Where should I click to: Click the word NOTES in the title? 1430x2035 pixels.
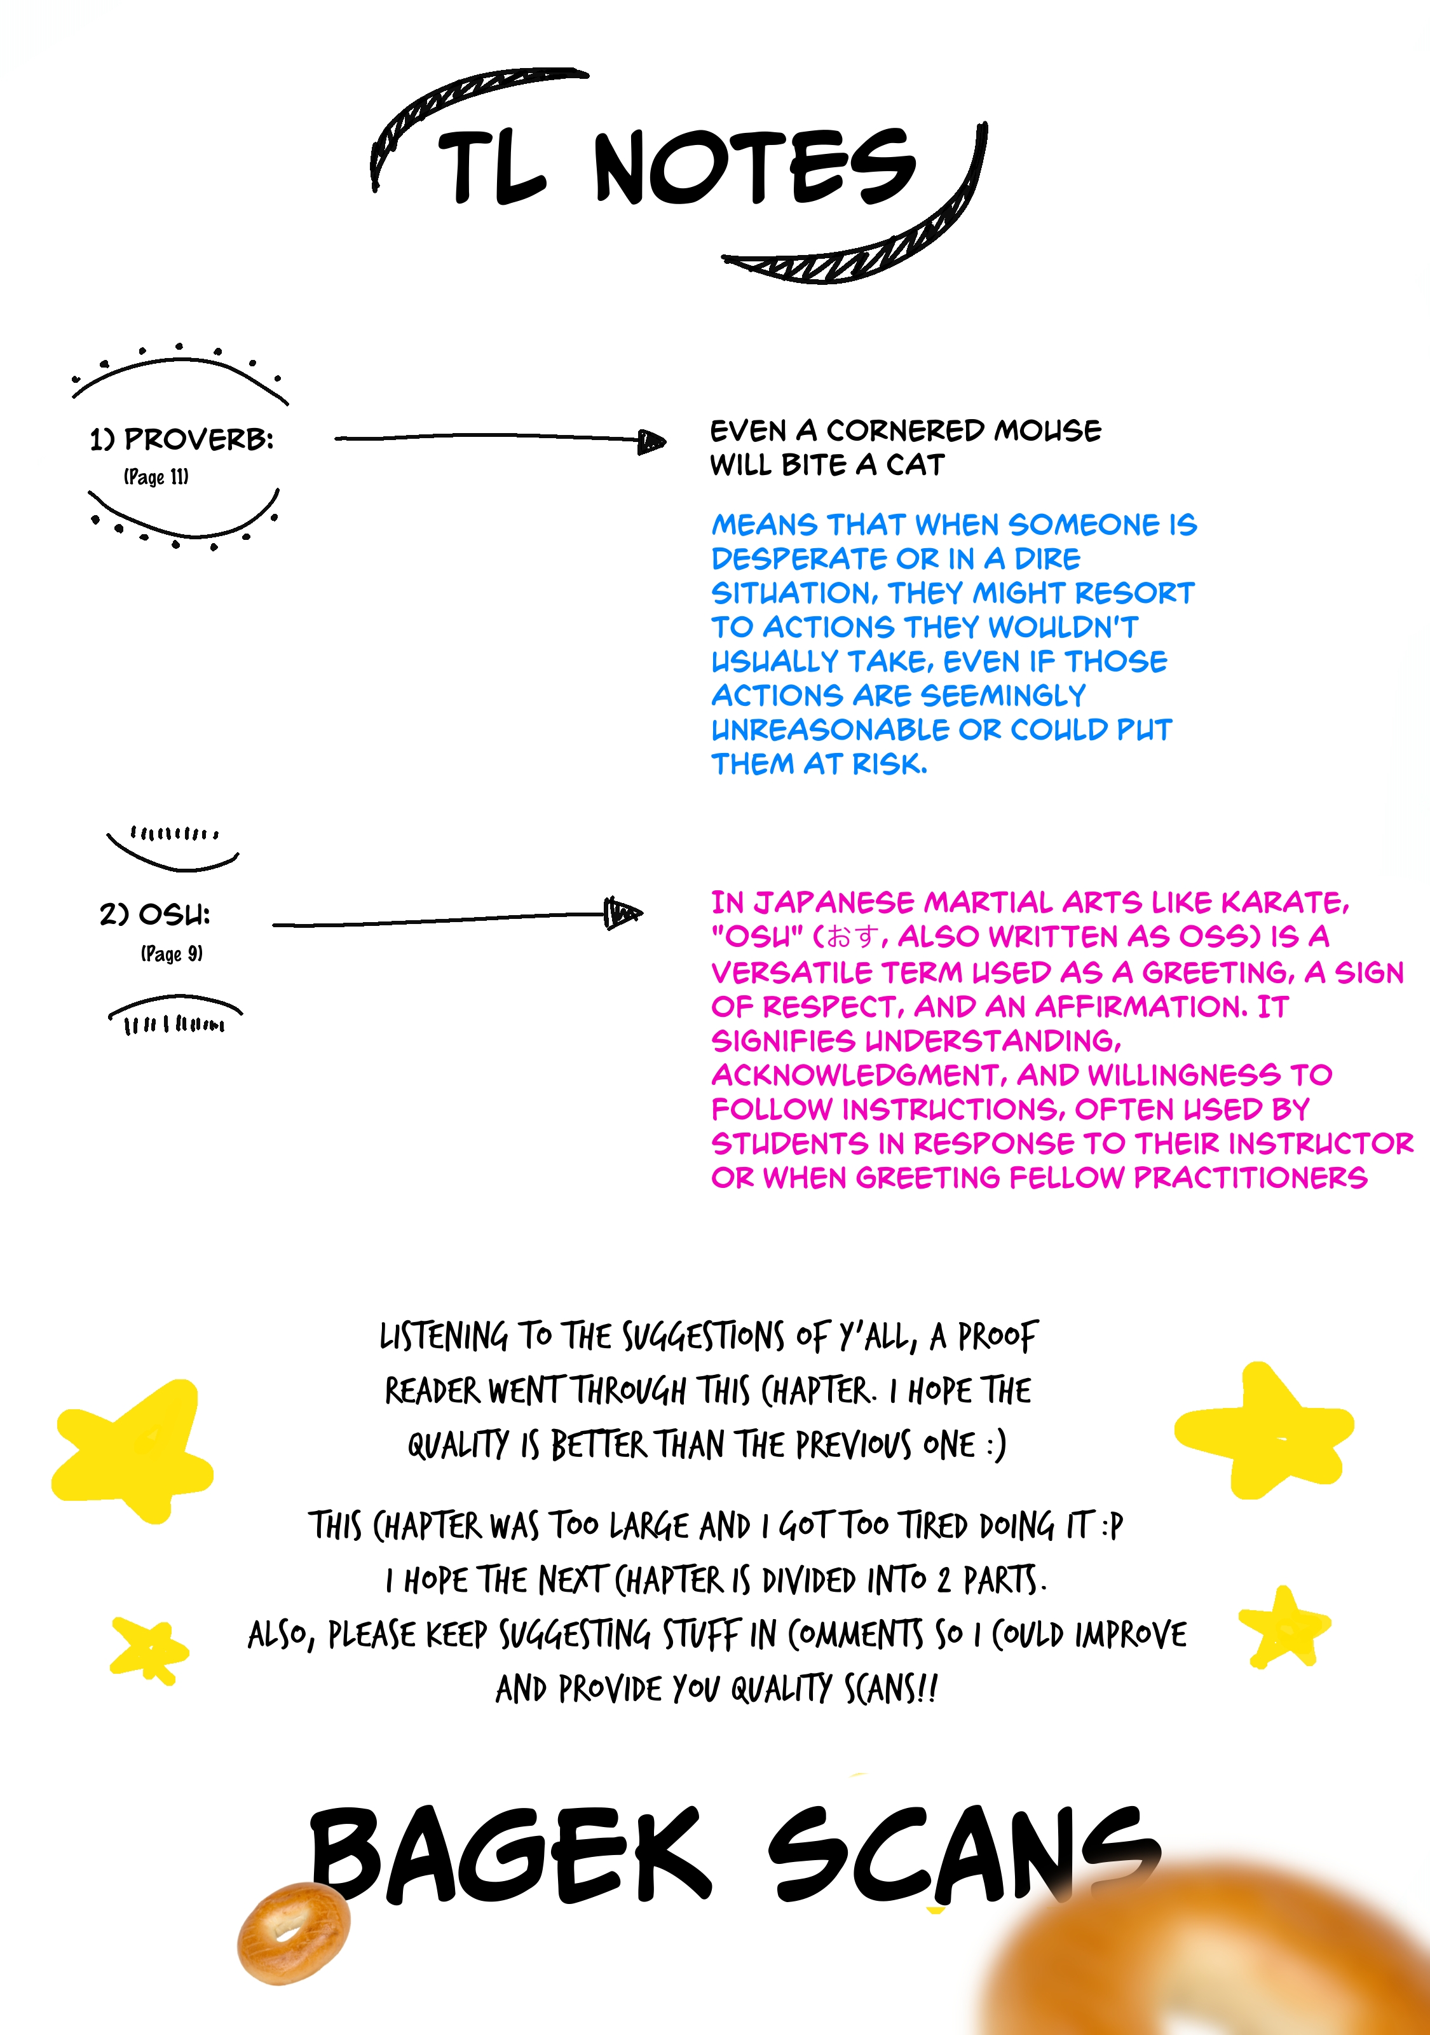pyautogui.click(x=755, y=167)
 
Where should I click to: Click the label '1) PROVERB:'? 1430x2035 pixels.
pyautogui.click(x=182, y=439)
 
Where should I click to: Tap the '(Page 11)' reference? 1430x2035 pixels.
pyautogui.click(x=156, y=477)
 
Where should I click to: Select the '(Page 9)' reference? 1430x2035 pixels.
pyautogui.click(x=172, y=954)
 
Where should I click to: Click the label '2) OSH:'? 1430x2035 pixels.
pyautogui.click(x=155, y=914)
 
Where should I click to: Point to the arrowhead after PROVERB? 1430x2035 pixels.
pyautogui.click(x=652, y=441)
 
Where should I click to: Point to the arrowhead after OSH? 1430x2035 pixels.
pyautogui.click(x=623, y=913)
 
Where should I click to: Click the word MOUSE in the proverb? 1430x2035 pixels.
pyautogui.click(x=1047, y=431)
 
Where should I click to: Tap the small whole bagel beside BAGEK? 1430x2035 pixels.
pyautogui.click(x=293, y=1933)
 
